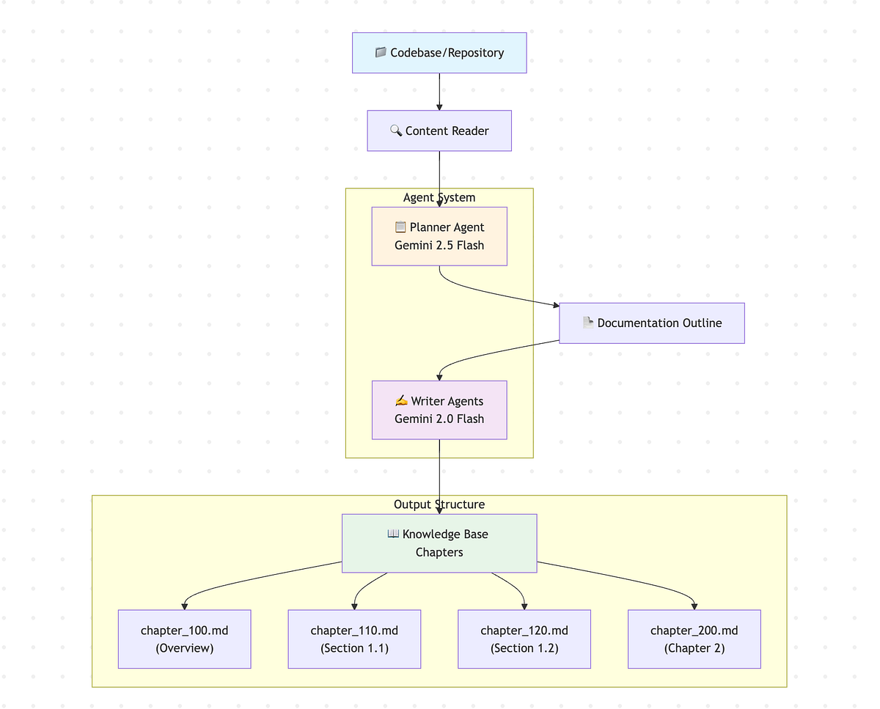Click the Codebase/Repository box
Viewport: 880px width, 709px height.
click(x=439, y=53)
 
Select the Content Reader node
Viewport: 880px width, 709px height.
click(x=439, y=131)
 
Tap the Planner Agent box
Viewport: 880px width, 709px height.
click(x=439, y=236)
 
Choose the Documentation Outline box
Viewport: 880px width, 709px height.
click(x=652, y=323)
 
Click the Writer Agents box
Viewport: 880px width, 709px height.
click(x=439, y=410)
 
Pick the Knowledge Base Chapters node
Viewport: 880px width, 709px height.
click(x=439, y=543)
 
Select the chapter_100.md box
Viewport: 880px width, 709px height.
click(x=185, y=639)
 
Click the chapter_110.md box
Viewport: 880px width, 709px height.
click(x=354, y=639)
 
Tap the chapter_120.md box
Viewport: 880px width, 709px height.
click(x=524, y=639)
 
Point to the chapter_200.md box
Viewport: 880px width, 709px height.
click(x=694, y=639)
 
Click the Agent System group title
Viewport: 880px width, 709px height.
click(x=439, y=197)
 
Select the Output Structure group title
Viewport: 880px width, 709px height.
click(x=439, y=504)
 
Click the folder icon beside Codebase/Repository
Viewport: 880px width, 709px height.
click(x=381, y=53)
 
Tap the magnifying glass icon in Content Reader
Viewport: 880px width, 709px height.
click(x=396, y=131)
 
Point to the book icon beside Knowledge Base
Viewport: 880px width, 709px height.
click(x=393, y=534)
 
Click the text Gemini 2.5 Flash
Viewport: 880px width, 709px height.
click(x=439, y=246)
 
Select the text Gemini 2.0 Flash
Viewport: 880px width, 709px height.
click(x=439, y=419)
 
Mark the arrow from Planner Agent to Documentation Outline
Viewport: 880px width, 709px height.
click(x=499, y=293)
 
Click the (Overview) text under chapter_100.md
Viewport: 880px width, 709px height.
click(x=185, y=648)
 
